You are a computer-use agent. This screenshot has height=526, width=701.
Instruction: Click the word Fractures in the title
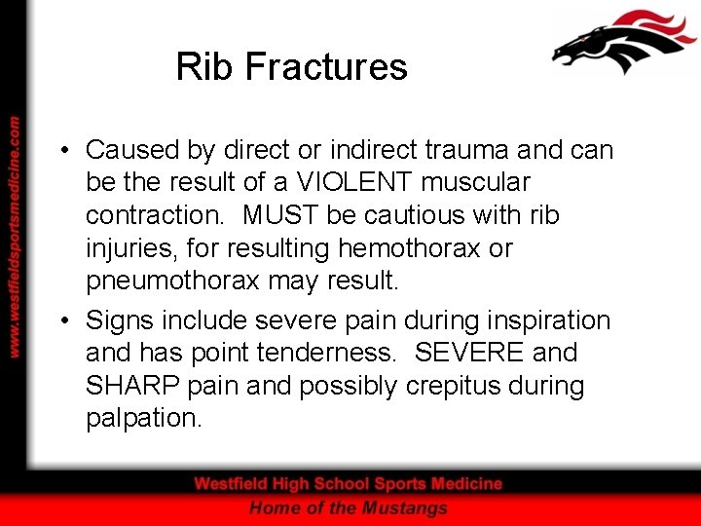(326, 67)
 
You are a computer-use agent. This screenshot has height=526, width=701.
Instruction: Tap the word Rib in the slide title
(206, 67)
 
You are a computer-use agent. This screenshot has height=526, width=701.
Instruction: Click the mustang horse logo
(623, 43)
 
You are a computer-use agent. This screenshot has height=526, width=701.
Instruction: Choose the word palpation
(143, 420)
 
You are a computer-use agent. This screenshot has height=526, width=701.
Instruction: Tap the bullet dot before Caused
(61, 150)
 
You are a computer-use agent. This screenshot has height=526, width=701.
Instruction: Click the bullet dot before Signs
(61, 319)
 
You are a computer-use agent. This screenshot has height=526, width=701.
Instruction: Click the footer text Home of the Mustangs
(348, 507)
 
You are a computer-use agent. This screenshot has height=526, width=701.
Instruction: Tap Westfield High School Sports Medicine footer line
(348, 483)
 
